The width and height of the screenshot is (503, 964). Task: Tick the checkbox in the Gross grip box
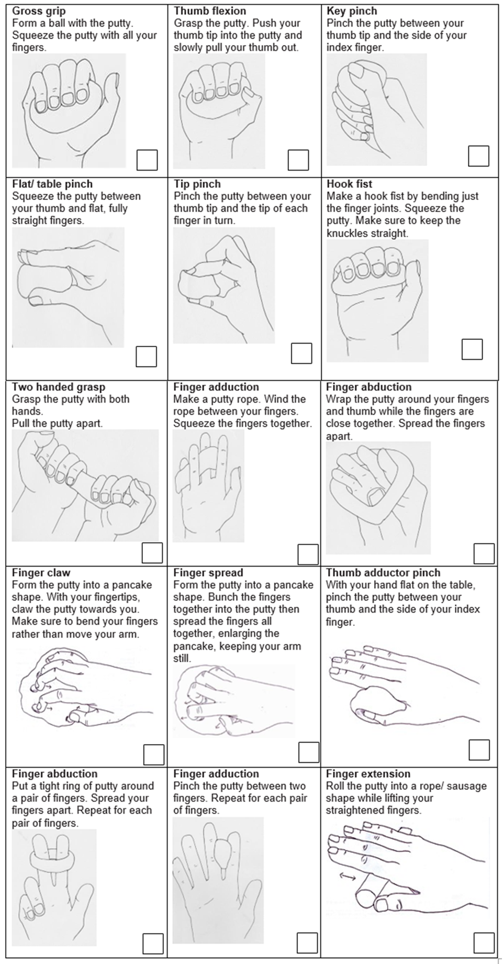tap(147, 160)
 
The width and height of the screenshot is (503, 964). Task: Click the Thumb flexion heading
tap(210, 11)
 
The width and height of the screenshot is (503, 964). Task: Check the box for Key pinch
tap(478, 156)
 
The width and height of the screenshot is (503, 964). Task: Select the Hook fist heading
tap(349, 184)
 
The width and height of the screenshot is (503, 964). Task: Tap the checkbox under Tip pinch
tap(301, 353)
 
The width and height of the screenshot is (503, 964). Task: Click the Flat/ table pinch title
tap(52, 184)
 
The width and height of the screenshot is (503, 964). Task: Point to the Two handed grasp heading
tap(59, 387)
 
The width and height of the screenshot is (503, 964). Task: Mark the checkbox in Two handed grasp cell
tap(152, 553)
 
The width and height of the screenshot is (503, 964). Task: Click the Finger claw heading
tap(41, 572)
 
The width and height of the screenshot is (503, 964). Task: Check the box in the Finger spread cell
tap(309, 752)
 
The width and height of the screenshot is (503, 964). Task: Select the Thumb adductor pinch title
tap(383, 572)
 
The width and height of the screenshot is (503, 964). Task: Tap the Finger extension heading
tap(368, 773)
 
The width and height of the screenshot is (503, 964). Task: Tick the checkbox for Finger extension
tap(484, 943)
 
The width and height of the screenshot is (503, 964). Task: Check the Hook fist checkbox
tap(472, 349)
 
